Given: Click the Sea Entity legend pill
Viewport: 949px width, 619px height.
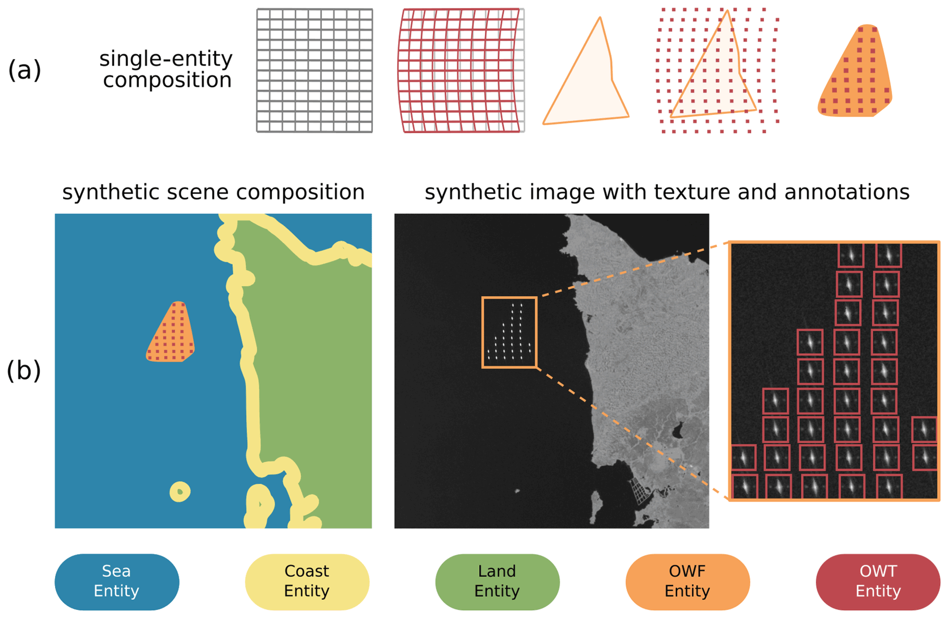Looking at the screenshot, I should point(117,581).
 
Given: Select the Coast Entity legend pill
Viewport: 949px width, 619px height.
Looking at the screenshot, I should point(307,581).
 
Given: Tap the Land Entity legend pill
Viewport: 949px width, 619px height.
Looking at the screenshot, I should point(497,581).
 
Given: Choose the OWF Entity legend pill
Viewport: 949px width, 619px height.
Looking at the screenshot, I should point(687,581).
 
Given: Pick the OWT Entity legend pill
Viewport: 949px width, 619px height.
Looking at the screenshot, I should point(877,581).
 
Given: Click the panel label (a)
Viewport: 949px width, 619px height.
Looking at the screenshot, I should point(24,70).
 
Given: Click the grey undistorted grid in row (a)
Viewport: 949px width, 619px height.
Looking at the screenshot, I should point(314,70).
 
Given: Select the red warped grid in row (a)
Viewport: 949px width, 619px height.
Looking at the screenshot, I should point(460,70).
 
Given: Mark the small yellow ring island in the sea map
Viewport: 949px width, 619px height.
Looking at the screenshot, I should point(180,492).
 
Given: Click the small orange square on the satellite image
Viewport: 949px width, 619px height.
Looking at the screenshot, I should point(509,332).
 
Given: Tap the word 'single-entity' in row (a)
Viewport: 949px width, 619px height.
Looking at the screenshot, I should point(166,59).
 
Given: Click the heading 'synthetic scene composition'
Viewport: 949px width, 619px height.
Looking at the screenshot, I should point(213,192).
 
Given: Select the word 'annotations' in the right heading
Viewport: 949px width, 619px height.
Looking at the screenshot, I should point(847,192).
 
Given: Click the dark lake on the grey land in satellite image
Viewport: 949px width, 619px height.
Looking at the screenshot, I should point(677,431).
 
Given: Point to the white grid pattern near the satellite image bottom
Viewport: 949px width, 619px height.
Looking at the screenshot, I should point(639,491).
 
